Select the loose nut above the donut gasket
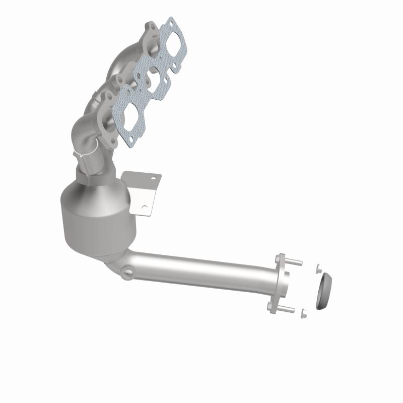pyautogui.click(x=318, y=268)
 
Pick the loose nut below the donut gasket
pyautogui.click(x=303, y=314)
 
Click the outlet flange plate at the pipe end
pyautogui.click(x=280, y=285)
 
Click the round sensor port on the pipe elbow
pyautogui.click(x=128, y=273)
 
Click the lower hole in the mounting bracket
pyautogui.click(x=145, y=207)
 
